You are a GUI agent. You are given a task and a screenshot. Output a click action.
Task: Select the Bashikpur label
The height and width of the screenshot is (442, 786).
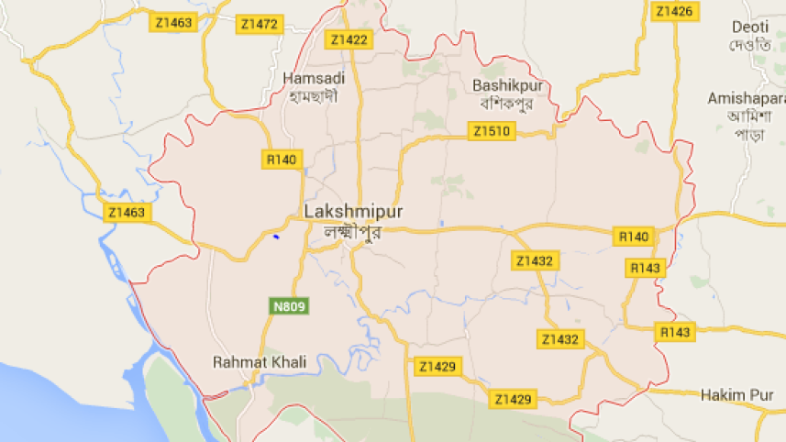tap(503, 85)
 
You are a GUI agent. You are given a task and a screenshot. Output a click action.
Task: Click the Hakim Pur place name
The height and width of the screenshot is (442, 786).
tap(733, 394)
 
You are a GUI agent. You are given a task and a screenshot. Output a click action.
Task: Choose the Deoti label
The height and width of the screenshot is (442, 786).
tap(750, 28)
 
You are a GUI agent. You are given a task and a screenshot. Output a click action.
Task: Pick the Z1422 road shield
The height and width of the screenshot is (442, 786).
tap(349, 39)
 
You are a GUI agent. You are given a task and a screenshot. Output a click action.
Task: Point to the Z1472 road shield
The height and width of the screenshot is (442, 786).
tap(258, 24)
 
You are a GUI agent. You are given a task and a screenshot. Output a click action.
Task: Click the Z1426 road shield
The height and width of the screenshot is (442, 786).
tap(672, 11)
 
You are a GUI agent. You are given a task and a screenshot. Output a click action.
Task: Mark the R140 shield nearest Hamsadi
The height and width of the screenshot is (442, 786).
tap(282, 160)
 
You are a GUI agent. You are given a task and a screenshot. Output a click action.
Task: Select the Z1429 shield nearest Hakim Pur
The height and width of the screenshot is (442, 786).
tap(513, 399)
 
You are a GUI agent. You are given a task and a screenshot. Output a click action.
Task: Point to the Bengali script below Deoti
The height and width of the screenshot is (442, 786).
tap(750, 47)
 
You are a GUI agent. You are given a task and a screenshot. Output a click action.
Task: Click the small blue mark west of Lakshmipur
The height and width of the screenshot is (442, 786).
tap(275, 237)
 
